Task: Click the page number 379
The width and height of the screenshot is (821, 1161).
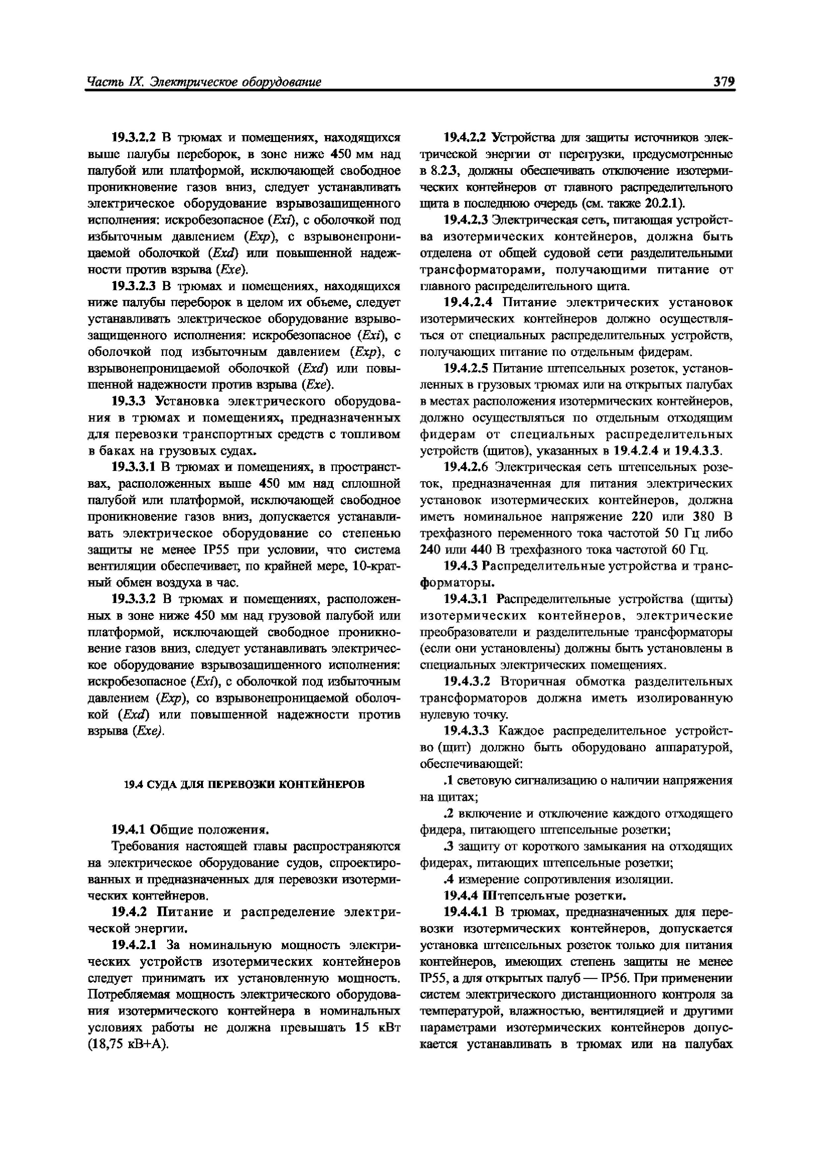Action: [x=723, y=81]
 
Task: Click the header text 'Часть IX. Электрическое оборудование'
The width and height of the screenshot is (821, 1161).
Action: [x=204, y=82]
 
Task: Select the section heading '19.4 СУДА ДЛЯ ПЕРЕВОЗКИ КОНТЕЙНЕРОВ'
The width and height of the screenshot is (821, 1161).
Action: [x=244, y=784]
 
